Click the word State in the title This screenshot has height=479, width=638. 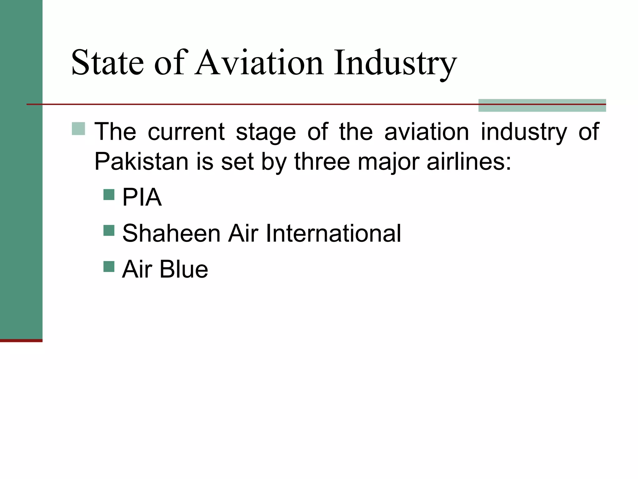pyautogui.click(x=107, y=63)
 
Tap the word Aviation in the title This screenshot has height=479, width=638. pyautogui.click(x=259, y=63)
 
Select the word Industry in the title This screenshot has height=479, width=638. pyautogui.click(x=395, y=64)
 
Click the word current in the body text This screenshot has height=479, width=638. pyautogui.click(x=186, y=132)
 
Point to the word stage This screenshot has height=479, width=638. pyautogui.click(x=266, y=133)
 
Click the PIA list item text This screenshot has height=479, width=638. pyautogui.click(x=142, y=197)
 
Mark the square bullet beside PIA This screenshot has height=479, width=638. pyautogui.click(x=109, y=195)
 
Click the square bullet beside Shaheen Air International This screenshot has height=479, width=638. pyautogui.click(x=109, y=230)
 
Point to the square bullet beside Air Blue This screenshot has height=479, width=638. pyautogui.click(x=109, y=266)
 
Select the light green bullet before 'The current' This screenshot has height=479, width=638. pyautogui.click(x=78, y=128)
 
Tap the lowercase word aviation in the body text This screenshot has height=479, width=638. pyautogui.click(x=426, y=132)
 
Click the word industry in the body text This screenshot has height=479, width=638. pyautogui.click(x=524, y=133)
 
